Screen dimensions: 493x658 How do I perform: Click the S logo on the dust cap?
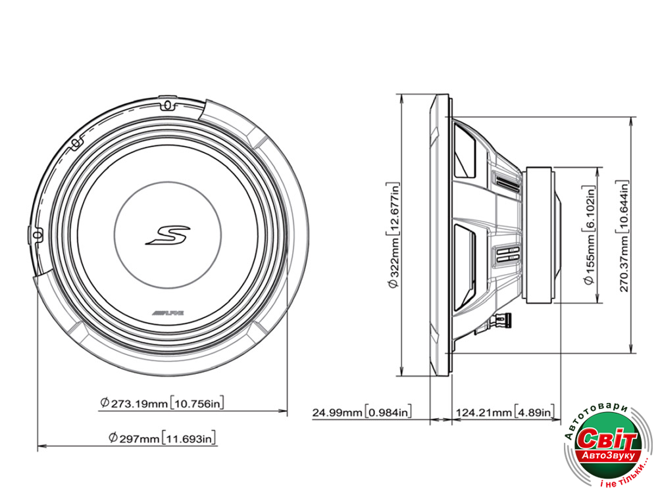167,235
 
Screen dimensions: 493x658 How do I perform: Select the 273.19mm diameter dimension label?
166,403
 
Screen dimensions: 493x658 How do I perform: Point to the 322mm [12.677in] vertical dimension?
394,234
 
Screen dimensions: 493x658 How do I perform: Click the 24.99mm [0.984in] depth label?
362,412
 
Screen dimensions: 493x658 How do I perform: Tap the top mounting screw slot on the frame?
166,105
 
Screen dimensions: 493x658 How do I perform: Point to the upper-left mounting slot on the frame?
76,141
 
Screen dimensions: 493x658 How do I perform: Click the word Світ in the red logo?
609,439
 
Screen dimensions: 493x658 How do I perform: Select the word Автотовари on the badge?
592,415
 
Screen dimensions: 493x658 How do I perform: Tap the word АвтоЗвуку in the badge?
606,455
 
